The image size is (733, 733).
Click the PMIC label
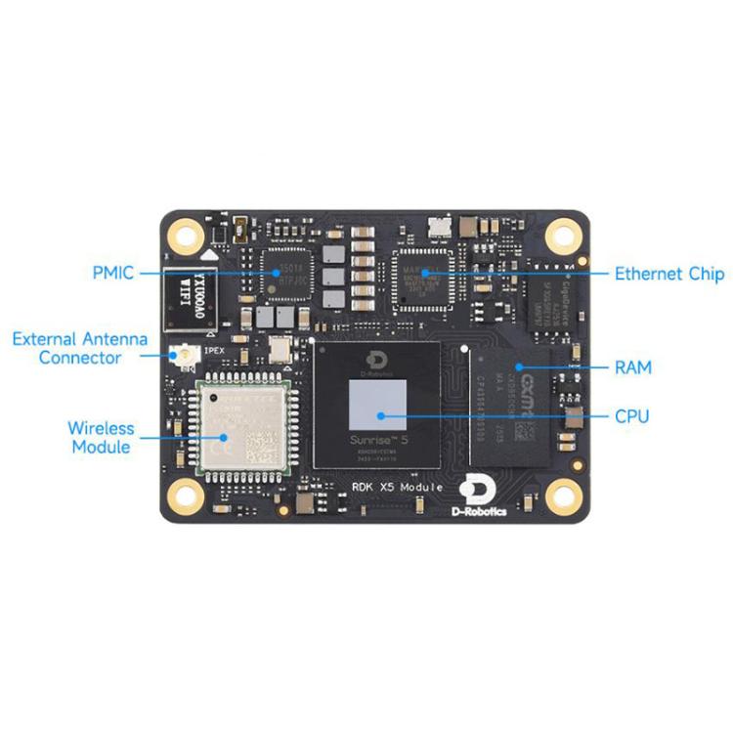tap(113, 273)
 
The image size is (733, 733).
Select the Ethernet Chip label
tap(668, 274)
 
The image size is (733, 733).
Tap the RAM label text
tap(632, 368)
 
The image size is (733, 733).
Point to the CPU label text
tap(631, 417)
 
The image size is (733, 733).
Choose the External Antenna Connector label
tap(80, 348)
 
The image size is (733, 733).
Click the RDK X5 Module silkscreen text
tap(398, 487)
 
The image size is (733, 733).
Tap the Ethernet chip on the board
tap(421, 274)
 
